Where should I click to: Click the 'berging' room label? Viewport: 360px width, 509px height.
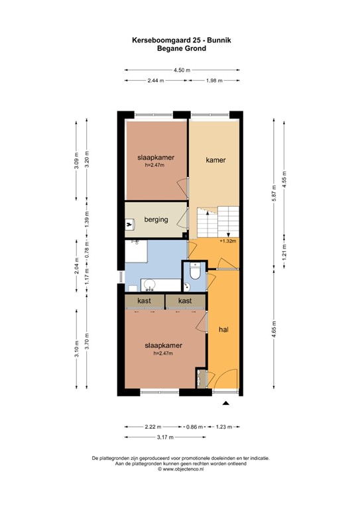(x=156, y=220)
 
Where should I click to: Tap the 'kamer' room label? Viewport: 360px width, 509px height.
(x=215, y=160)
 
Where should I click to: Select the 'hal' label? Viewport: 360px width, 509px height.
(x=223, y=330)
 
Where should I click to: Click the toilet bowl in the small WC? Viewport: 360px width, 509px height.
(x=196, y=272)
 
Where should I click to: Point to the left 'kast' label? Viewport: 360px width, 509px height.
(x=144, y=301)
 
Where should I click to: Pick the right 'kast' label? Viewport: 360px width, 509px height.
(x=185, y=301)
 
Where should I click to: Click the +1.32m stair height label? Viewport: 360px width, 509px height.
(x=227, y=241)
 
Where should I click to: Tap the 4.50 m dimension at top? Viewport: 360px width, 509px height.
(x=182, y=70)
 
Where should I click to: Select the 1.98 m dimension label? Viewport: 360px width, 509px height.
(x=214, y=80)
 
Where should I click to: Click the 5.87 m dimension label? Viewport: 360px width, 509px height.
(x=274, y=194)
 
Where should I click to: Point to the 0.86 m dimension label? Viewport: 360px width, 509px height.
(x=194, y=427)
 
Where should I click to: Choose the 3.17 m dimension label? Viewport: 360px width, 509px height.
(x=165, y=437)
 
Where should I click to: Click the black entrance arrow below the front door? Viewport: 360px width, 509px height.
(x=226, y=403)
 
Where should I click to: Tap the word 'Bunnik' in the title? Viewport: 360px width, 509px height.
(x=219, y=40)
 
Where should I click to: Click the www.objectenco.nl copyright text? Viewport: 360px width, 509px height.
(x=181, y=469)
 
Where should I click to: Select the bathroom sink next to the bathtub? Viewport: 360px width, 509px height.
(x=150, y=285)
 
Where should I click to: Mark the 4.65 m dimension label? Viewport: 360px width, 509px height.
(x=274, y=329)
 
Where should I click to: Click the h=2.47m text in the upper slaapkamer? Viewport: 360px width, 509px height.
(x=154, y=165)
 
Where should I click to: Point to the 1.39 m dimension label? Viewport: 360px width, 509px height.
(x=87, y=219)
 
